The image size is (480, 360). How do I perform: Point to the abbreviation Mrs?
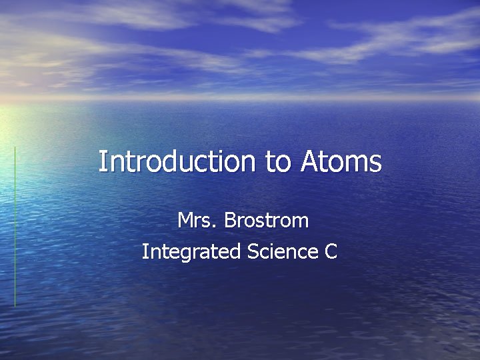(x=197, y=220)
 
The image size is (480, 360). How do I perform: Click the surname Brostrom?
(x=267, y=220)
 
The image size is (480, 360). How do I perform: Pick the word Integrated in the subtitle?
(x=191, y=252)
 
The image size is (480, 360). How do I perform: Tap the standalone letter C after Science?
(x=331, y=252)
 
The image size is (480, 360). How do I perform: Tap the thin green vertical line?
(x=15, y=227)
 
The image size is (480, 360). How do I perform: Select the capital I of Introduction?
(x=102, y=162)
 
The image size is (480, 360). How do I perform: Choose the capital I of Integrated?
(x=145, y=252)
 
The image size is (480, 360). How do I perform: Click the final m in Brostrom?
(x=301, y=221)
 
